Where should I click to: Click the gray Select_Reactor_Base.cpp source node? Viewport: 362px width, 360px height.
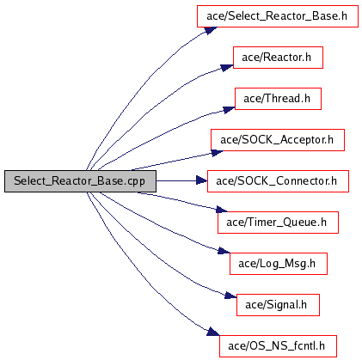pyautogui.click(x=80, y=181)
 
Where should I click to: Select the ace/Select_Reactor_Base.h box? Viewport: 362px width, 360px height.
pyautogui.click(x=278, y=16)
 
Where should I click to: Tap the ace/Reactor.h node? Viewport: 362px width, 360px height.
pyautogui.click(x=278, y=58)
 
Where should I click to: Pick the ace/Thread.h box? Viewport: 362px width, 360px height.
pyautogui.click(x=278, y=99)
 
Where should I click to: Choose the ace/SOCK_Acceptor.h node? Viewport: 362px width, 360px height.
pyautogui.click(x=278, y=140)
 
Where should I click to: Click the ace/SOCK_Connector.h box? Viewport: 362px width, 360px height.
pyautogui.click(x=278, y=181)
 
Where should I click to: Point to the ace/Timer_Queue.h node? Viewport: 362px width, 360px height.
pyautogui.click(x=278, y=223)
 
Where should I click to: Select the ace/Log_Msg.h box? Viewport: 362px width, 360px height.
pyautogui.click(x=279, y=264)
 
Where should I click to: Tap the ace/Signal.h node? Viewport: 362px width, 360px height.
pyautogui.click(x=278, y=305)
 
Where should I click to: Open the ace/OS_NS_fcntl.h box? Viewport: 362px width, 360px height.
pyautogui.click(x=278, y=346)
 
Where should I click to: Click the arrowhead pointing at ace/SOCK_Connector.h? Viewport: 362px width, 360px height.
pyautogui.click(x=202, y=180)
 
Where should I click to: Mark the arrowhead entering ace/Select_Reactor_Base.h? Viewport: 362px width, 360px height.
pyautogui.click(x=211, y=30)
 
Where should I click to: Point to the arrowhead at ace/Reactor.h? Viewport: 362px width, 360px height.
pyautogui.click(x=227, y=68)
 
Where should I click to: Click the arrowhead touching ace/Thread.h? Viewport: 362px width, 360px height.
pyautogui.click(x=229, y=110)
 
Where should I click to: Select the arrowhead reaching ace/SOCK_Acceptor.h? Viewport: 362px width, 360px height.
pyautogui.click(x=218, y=153)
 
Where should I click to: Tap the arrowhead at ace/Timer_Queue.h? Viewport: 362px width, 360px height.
pyautogui.click(x=222, y=210)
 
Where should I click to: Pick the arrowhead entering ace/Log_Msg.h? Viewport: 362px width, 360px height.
pyautogui.click(x=224, y=251)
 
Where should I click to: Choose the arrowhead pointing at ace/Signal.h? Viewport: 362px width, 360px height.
pyautogui.click(x=230, y=296)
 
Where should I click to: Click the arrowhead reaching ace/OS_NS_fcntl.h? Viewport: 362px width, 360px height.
pyautogui.click(x=213, y=332)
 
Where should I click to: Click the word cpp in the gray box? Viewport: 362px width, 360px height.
pyautogui.click(x=136, y=182)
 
